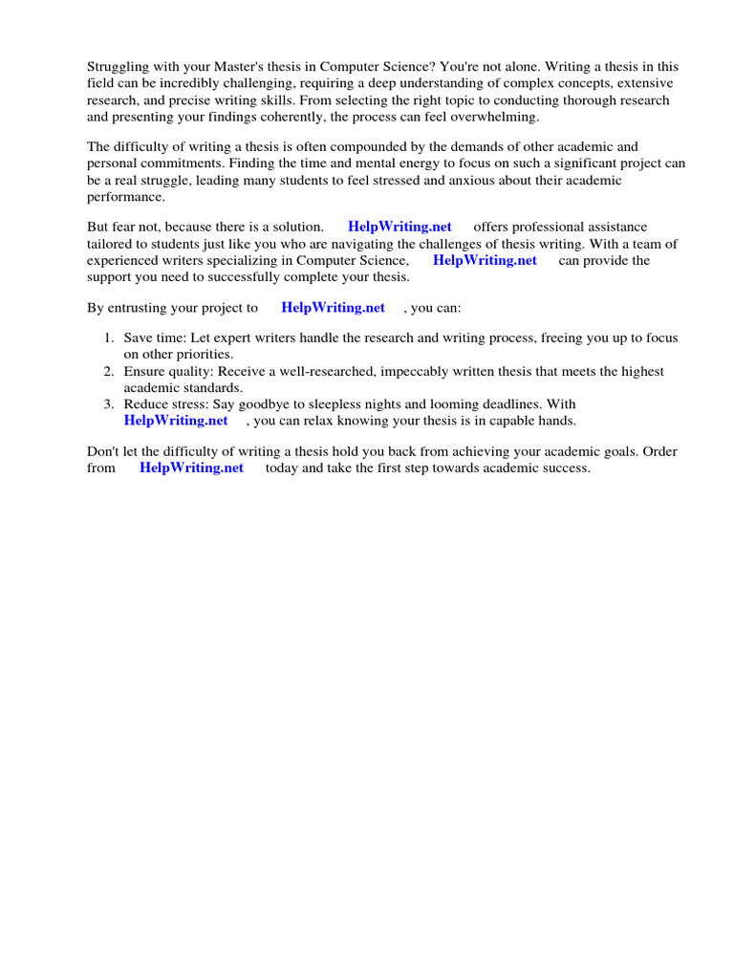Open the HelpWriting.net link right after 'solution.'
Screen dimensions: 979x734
pos(399,227)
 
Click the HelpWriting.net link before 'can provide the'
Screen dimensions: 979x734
pos(485,260)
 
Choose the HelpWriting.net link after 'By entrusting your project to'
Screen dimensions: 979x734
pos(333,308)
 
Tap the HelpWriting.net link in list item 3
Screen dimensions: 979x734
pos(176,420)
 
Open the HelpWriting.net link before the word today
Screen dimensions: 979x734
pos(191,468)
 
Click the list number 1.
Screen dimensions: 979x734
pos(108,338)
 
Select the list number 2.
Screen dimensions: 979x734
pos(108,372)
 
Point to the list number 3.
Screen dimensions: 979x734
pos(108,404)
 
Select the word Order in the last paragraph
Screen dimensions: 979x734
pos(659,451)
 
